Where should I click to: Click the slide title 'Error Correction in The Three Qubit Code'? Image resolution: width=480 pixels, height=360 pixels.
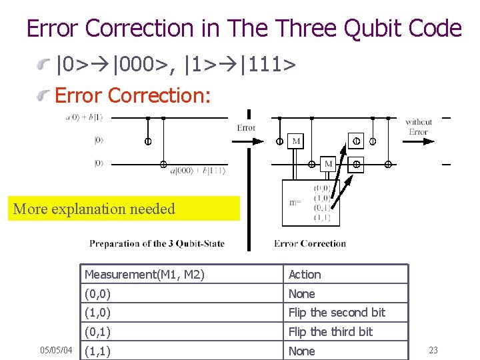pos(243,29)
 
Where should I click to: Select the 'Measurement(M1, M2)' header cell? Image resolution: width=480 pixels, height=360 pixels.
pos(145,275)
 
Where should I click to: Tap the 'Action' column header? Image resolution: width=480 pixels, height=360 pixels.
pos(305,275)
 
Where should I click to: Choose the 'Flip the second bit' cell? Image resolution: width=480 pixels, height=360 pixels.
pos(337,313)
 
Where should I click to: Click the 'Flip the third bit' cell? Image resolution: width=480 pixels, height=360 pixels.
pos(330,332)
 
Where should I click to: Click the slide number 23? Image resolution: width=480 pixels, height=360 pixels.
pos(433,351)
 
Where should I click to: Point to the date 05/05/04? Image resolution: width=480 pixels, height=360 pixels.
pos(56,351)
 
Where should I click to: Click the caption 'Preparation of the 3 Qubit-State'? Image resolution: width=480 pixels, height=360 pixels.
pos(157,243)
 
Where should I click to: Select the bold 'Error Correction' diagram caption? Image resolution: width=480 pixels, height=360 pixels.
pos(310,243)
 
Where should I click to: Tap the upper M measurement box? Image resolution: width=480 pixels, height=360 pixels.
pos(296,141)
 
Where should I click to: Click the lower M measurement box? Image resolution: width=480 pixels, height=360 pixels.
pos(329,163)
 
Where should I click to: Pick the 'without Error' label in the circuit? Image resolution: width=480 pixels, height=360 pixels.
pos(419,127)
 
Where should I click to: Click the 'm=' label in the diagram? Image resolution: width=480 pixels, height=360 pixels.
pos(295,202)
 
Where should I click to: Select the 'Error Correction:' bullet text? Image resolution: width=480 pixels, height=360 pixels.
pos(133,96)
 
